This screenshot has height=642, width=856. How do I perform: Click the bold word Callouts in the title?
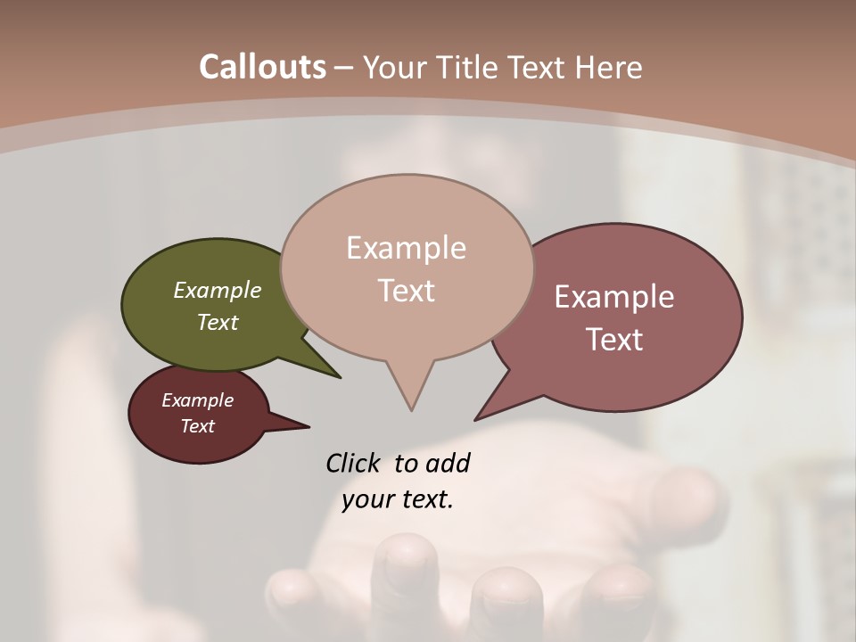click(262, 67)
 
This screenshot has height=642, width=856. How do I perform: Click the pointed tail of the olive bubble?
click(339, 377)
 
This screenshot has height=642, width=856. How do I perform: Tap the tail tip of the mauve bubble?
click(476, 418)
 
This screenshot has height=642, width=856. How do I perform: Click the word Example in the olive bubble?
click(218, 291)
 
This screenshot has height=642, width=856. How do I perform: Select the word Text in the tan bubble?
click(407, 291)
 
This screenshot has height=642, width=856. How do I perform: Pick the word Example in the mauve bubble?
click(614, 297)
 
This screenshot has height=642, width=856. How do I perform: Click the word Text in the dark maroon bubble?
click(198, 426)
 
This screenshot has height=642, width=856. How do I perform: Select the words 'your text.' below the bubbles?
click(398, 499)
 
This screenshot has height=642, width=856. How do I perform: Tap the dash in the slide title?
click(344, 68)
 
